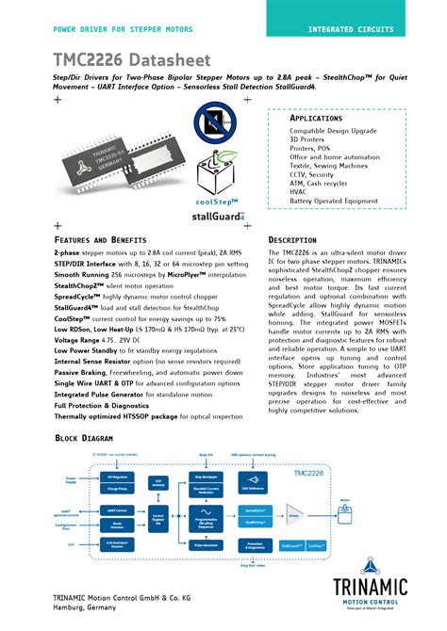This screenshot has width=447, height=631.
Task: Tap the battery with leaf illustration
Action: [x=219, y=174]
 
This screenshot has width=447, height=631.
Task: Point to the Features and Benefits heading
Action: [x=101, y=241]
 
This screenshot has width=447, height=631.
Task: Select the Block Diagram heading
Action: [x=91, y=439]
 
